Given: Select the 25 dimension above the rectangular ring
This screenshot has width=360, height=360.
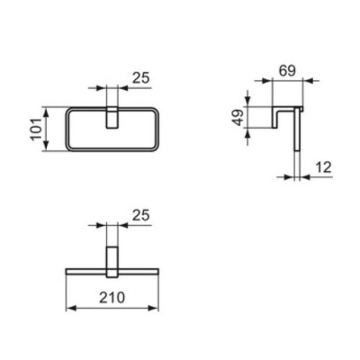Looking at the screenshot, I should pos(139,79).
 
